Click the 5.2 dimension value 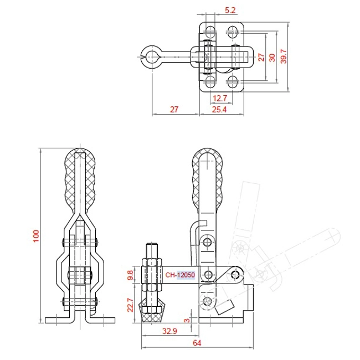230,11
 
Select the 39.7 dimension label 284,56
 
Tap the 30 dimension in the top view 272,58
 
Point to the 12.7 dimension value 220,98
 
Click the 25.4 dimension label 219,110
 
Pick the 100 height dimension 36,235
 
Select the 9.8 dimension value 130,275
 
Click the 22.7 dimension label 130,305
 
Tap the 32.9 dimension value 169,331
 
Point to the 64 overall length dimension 197,343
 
